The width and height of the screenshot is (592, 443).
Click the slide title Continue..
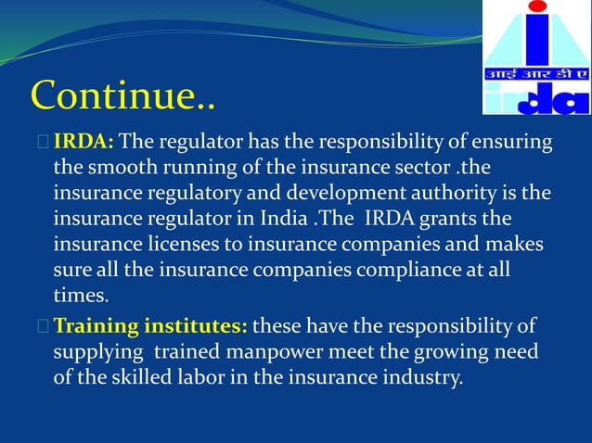pos(122,95)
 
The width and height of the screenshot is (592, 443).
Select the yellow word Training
pos(97,326)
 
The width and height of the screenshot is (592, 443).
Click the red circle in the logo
pos(537,7)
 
